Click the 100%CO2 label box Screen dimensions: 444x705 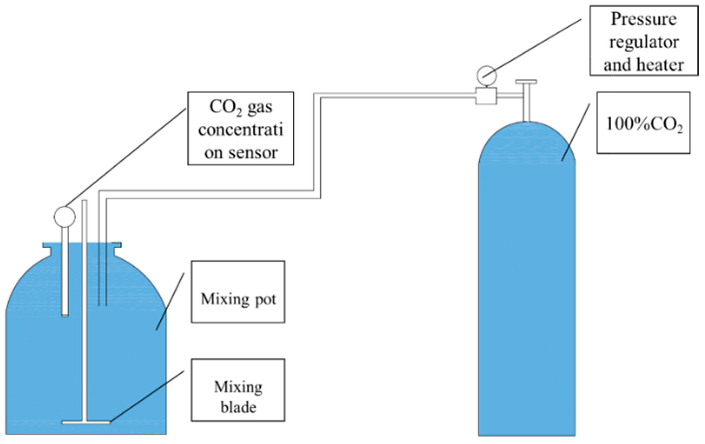point(643,123)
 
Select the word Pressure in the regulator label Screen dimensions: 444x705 point(643,19)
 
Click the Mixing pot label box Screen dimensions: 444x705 point(238,292)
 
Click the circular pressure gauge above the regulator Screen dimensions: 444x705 point(487,76)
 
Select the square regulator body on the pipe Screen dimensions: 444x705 point(486,96)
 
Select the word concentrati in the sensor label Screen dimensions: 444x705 point(241,130)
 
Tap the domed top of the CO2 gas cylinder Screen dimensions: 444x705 point(527,143)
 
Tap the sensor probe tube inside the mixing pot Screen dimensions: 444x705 point(65,272)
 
